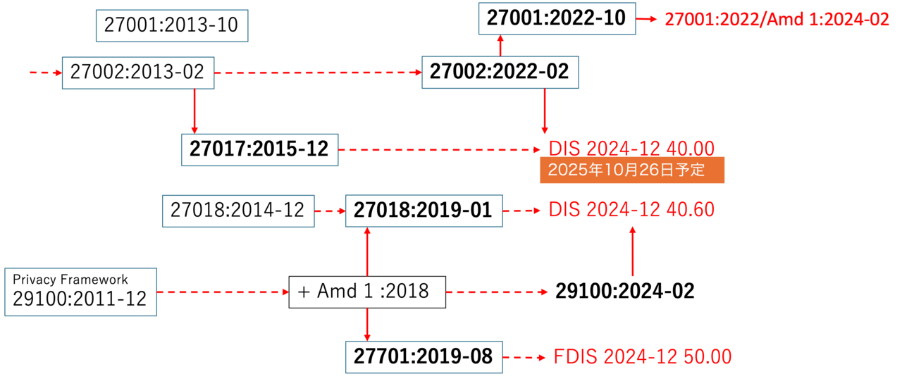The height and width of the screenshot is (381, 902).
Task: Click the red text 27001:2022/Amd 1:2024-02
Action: click(x=777, y=20)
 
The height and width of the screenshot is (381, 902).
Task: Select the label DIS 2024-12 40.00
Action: click(x=631, y=148)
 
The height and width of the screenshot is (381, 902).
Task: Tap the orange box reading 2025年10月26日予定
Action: click(x=632, y=170)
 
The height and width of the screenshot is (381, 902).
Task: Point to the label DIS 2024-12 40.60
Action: click(x=631, y=210)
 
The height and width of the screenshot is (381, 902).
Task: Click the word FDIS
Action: click(x=575, y=357)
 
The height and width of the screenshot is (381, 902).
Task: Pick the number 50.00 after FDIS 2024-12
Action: click(x=708, y=357)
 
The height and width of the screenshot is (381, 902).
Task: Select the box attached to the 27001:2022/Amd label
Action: click(x=557, y=19)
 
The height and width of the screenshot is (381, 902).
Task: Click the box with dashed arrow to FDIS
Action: click(x=424, y=357)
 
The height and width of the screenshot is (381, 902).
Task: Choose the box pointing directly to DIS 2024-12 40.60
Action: click(x=424, y=211)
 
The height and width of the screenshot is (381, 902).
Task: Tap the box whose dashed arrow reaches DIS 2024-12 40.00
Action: click(x=259, y=150)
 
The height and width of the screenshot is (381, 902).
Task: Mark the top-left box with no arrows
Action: click(x=172, y=26)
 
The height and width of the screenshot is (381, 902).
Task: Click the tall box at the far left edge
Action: click(x=80, y=292)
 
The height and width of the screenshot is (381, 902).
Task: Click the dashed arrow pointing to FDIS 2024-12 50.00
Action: click(x=525, y=358)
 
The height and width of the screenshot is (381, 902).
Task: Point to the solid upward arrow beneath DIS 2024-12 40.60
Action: click(x=632, y=251)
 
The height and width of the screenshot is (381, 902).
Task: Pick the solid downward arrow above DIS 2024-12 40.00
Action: click(x=544, y=111)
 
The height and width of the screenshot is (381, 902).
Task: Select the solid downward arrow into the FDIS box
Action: click(x=367, y=325)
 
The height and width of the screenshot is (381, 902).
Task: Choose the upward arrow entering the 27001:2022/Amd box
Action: click(x=500, y=46)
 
